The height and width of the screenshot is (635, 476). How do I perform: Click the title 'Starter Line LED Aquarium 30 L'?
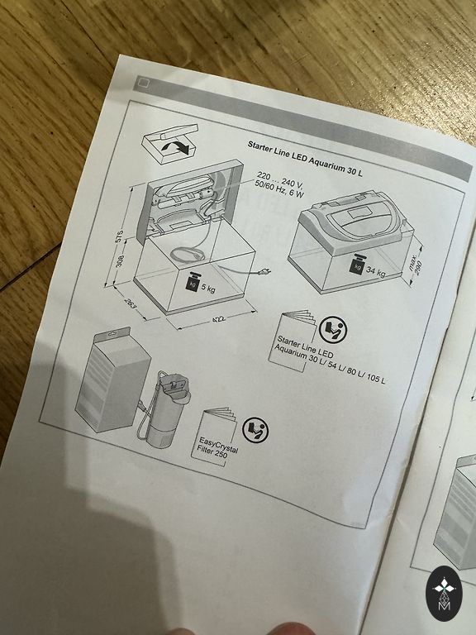coord(305,158)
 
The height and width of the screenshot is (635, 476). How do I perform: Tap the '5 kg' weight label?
coord(208,289)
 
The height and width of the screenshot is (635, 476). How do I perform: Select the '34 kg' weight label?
coord(376,271)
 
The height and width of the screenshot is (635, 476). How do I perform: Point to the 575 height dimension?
coord(119,236)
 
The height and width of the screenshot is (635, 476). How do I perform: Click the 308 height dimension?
coord(120,260)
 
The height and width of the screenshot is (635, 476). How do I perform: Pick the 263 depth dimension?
coord(129,304)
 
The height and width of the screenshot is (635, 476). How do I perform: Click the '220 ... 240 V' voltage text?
coord(281,179)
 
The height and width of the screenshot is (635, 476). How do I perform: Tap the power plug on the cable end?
coord(265,272)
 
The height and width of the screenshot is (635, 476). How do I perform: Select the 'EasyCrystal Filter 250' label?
coord(218,447)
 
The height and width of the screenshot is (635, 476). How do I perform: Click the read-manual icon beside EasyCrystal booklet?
coord(255,430)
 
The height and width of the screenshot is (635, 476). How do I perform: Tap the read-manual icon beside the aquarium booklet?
coord(333,330)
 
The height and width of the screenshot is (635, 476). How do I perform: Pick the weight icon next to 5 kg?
coord(192,281)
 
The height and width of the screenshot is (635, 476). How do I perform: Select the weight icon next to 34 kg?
coord(357,264)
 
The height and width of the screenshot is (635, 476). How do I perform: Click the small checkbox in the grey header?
coord(144,84)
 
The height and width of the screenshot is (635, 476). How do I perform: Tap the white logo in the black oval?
coord(445,594)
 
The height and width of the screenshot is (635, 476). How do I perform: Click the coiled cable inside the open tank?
coord(188,255)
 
